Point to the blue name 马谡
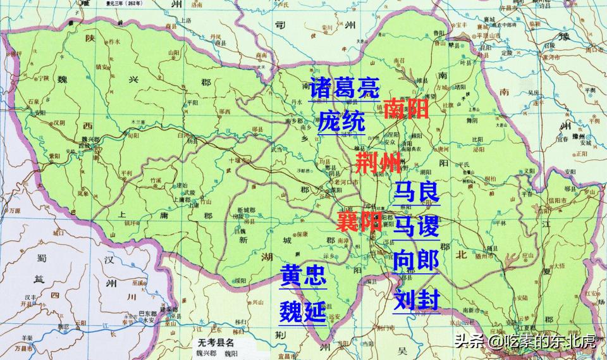pyautogui.click(x=415, y=225)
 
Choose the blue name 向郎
pyautogui.click(x=415, y=260)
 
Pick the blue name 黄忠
pyautogui.click(x=303, y=276)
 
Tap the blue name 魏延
pyautogui.click(x=303, y=311)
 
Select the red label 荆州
pyautogui.click(x=379, y=163)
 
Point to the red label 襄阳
pyautogui.click(x=359, y=221)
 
